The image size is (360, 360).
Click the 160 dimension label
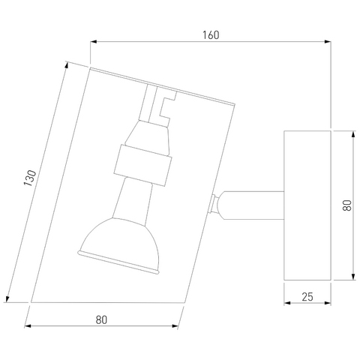(x=211, y=35)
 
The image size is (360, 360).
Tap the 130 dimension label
(x=30, y=178)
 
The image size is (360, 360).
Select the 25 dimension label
(x=307, y=297)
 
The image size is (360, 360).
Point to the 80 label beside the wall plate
(x=347, y=205)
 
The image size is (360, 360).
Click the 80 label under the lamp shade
(x=101, y=320)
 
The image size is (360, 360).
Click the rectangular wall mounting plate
(x=307, y=205)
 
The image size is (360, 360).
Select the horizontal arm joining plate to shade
(x=253, y=205)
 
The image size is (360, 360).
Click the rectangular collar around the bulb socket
(x=142, y=165)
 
